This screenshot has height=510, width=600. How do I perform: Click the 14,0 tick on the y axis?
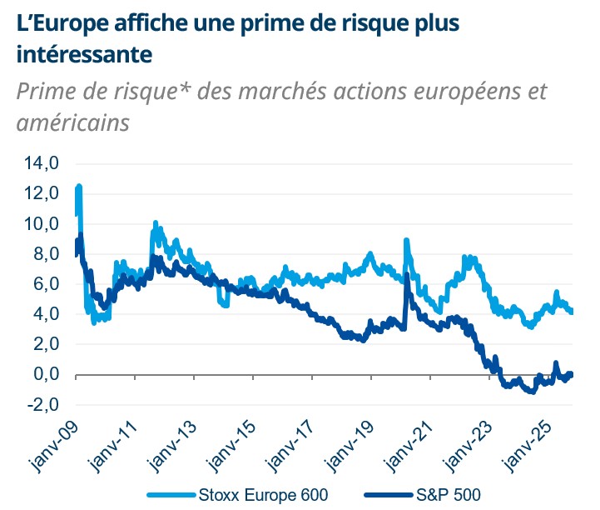point(41,163)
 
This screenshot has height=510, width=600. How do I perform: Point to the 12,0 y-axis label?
point(41,193)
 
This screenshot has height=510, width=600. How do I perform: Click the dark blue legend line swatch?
point(388,493)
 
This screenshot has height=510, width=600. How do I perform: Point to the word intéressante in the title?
point(83,55)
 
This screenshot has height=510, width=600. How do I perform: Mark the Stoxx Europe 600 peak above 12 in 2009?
point(79,187)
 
